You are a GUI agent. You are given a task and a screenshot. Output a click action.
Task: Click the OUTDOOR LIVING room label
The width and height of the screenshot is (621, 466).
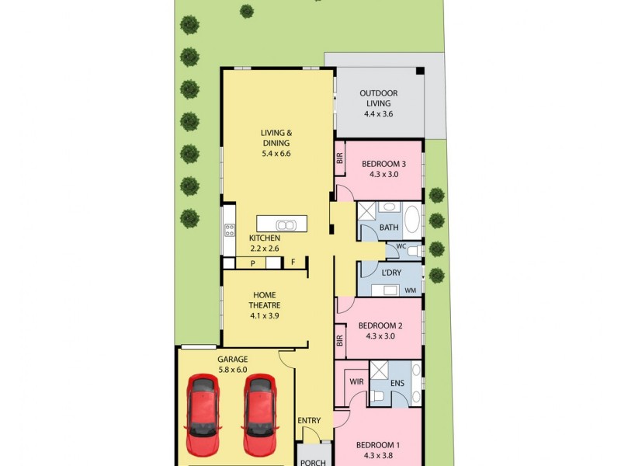coord(379,99)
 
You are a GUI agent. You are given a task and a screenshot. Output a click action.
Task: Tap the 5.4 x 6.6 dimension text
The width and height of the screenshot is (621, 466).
coord(276,154)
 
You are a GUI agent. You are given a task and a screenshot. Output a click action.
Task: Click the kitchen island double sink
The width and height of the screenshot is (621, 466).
coord(286,225)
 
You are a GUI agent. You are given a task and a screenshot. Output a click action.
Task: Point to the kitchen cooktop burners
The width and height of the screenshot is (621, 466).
coord(230,230)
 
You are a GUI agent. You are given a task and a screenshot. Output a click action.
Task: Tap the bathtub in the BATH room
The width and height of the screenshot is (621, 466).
coord(412,219)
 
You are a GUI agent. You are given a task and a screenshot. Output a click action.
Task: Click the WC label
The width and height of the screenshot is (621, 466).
coord(401,246)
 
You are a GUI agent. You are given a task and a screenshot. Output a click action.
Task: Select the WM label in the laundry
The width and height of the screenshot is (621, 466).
coord(411,290)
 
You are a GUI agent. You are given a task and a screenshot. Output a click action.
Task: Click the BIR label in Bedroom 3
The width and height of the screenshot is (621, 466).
coord(340,159)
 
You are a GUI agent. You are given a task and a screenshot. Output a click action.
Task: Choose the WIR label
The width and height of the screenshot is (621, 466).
coord(356,382)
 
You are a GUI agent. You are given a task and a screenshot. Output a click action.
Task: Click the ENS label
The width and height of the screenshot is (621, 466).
coord(397,383)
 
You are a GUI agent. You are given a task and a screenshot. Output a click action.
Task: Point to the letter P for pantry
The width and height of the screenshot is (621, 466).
coord(253,263)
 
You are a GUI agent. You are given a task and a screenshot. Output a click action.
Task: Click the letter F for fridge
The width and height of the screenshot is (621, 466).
coord(293,262)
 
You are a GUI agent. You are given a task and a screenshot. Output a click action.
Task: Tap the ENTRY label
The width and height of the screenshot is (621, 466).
coord(309,420)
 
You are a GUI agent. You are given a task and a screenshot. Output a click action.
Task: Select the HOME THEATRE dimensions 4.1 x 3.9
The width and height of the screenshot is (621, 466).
coord(264,316)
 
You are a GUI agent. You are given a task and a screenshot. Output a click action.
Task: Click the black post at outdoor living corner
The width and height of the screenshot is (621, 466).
coord(420,71)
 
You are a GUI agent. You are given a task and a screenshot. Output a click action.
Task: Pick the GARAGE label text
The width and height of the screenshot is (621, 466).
coord(232,360)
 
